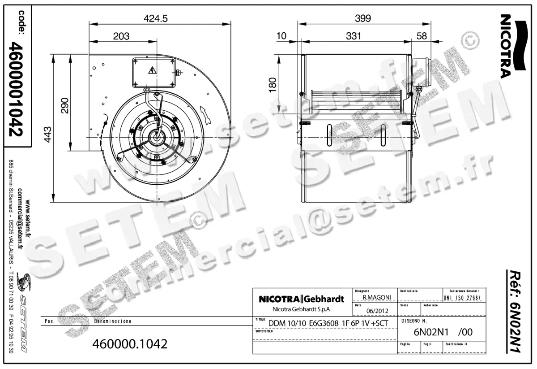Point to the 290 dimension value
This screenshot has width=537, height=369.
64,105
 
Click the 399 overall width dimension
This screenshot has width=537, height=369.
363,18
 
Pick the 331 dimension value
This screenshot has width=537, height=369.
353,36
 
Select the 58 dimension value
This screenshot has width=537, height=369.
422,36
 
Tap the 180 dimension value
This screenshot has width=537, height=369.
272,83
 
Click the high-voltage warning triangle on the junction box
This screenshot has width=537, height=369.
152,70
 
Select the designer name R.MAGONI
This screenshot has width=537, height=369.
374,297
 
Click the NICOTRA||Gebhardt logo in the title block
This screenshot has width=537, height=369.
301,299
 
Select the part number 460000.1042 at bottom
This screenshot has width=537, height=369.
129,344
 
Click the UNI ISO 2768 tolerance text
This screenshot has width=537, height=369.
463,298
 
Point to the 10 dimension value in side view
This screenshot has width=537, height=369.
281,36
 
